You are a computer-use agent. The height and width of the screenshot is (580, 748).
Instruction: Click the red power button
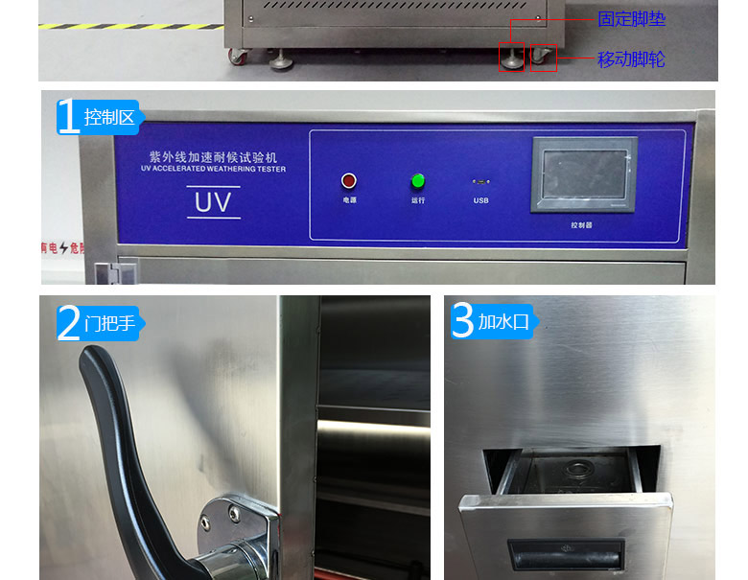click(349, 180)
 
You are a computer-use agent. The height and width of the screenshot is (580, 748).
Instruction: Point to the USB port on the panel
click(480, 181)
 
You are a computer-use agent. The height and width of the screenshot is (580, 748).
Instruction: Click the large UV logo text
click(213, 202)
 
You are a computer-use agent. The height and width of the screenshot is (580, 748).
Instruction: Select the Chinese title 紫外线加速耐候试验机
click(212, 155)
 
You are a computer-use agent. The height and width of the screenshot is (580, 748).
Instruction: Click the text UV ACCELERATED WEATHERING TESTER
click(212, 169)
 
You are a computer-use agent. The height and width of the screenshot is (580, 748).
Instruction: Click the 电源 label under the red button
click(349, 200)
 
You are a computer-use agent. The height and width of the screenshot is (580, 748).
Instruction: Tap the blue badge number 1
click(68, 117)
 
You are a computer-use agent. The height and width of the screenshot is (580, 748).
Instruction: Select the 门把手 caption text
click(110, 323)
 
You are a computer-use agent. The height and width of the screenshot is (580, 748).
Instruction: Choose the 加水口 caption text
click(504, 321)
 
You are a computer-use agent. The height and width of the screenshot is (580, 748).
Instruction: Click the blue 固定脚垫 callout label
click(631, 19)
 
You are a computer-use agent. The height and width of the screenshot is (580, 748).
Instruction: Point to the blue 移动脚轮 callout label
click(631, 59)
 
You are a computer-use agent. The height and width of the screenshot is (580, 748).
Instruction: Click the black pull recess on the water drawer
click(565, 553)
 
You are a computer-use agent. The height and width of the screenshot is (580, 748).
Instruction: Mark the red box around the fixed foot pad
click(511, 58)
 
